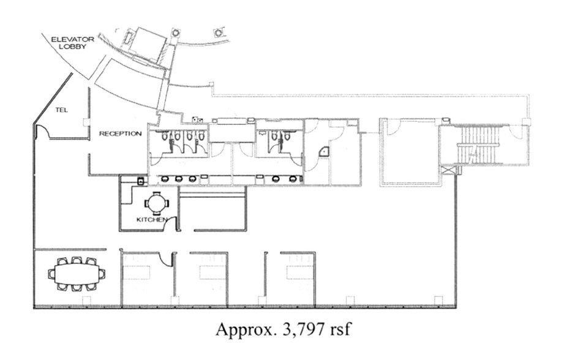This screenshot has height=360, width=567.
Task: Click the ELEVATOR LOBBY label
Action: click(72, 42)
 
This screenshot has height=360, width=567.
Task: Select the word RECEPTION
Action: click(120, 133)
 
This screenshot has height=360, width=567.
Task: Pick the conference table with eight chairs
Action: click(76, 274)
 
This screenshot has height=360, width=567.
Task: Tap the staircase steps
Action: click(479, 144)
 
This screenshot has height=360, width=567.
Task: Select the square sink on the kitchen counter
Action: click(140, 181)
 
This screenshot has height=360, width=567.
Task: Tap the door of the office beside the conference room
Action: click(163, 260)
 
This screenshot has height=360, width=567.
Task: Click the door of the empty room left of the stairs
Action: click(392, 127)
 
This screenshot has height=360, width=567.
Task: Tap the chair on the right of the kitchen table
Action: click(168, 202)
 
